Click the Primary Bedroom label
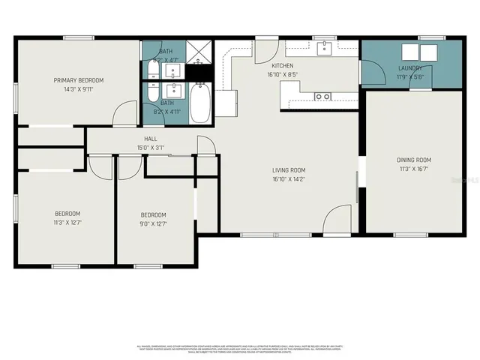pyautogui.click(x=78, y=80)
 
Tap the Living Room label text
pyautogui.click(x=289, y=170)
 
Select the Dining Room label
pyautogui.click(x=413, y=160)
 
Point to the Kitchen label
pyautogui.click(x=281, y=66)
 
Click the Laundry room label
pyautogui.click(x=410, y=67)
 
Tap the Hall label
pyautogui.click(x=151, y=139)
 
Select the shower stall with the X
pyautogui.click(x=199, y=52)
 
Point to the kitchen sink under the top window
pyautogui.click(x=324, y=49)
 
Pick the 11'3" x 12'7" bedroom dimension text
pyautogui.click(x=67, y=223)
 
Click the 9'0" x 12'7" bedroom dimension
pyautogui.click(x=153, y=223)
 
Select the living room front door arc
pyautogui.click(x=335, y=221)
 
